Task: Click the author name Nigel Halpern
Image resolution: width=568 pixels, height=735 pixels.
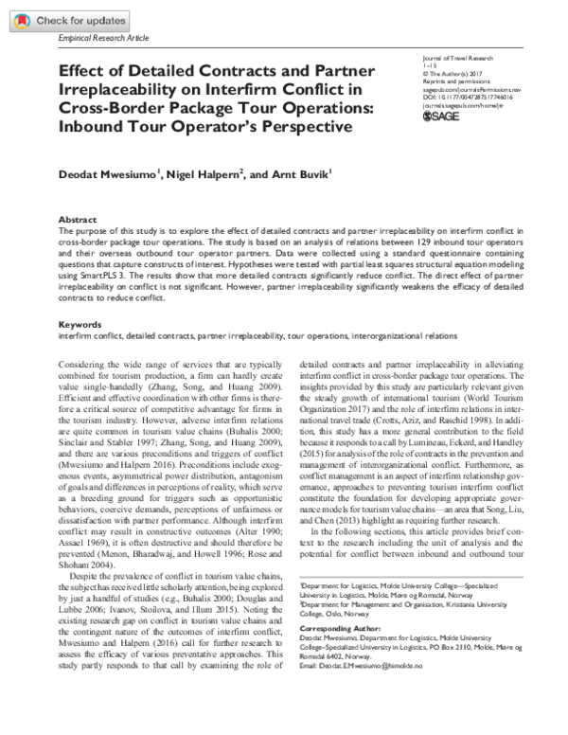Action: coord(205,177)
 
